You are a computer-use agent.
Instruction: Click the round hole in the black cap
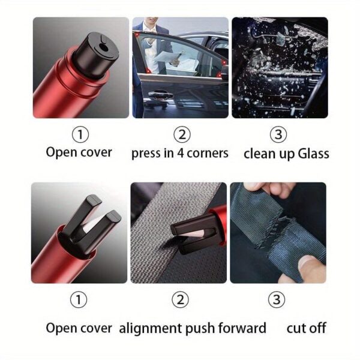pos(104,48)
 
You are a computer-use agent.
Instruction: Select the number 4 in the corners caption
pos(181,153)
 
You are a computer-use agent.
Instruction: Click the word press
pos(146,154)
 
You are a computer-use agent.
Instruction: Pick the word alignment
pos(151,328)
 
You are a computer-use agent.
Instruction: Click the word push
pos(200,328)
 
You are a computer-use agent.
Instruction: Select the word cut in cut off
pos(296,328)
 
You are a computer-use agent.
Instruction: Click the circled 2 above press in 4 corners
pos(182,134)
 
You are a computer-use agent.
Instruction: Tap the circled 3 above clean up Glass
pos(278,134)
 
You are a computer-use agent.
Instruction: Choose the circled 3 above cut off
pos(277,299)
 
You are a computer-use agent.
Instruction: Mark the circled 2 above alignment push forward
pos(180,299)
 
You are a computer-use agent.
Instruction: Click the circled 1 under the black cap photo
pos(80,134)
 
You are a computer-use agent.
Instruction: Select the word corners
pos(208,154)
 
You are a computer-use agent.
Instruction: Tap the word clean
pos(259,154)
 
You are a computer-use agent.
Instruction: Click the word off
pos(317,328)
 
